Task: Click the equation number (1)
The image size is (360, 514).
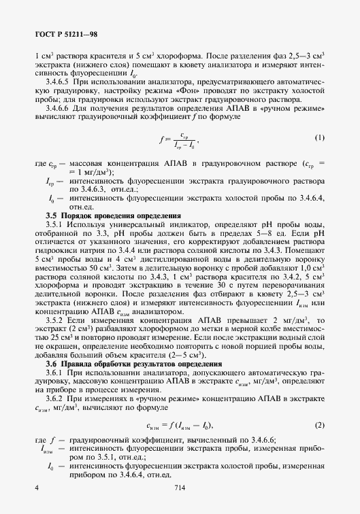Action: click(320, 138)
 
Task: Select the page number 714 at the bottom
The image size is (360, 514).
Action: click(180, 488)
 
